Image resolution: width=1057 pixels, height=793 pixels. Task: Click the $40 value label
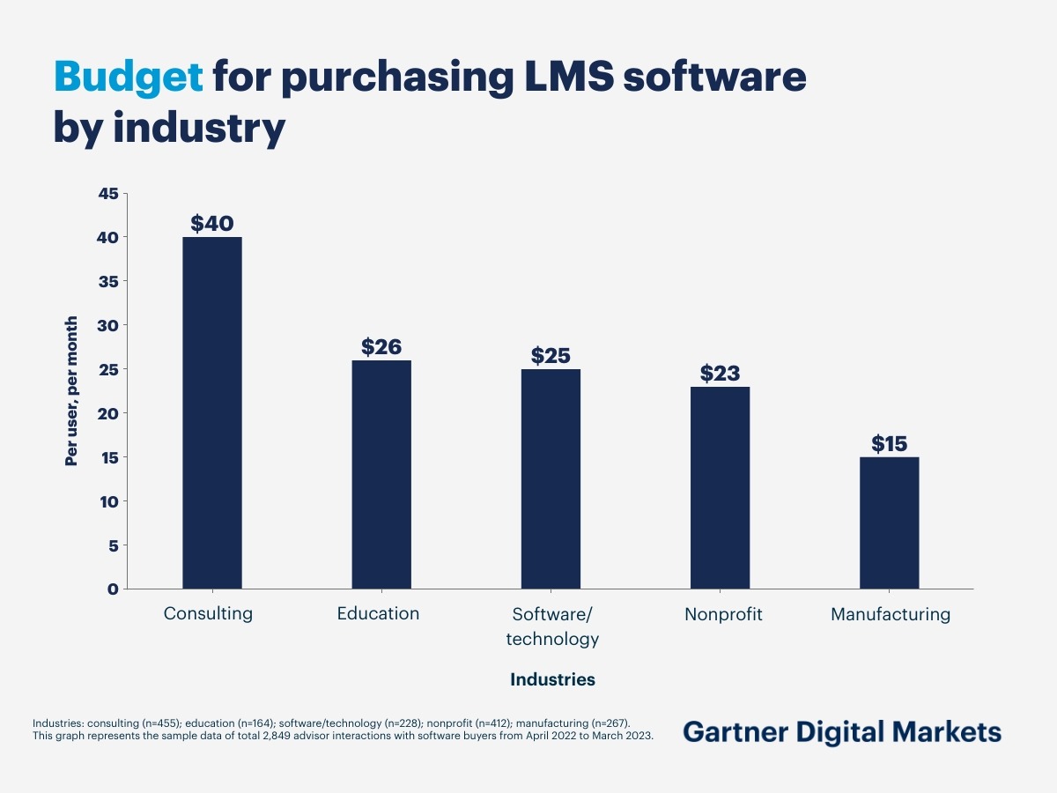tap(211, 224)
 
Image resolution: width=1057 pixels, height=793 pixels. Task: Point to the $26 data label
tap(381, 347)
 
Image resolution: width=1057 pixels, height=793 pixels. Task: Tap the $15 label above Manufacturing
tap(889, 444)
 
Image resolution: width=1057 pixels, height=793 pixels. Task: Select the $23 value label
tap(720, 374)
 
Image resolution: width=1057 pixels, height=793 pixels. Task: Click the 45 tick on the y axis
tap(106, 194)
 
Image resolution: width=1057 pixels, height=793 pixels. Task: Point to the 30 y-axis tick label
tap(106, 326)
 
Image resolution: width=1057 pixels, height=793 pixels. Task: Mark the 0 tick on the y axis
tap(113, 589)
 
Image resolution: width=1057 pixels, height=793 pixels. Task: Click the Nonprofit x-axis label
tap(723, 614)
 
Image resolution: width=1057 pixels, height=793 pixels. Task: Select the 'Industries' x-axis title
tap(552, 680)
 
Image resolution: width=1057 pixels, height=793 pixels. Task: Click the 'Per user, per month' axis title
tap(71, 390)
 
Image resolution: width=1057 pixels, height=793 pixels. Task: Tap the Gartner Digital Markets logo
tap(841, 731)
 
